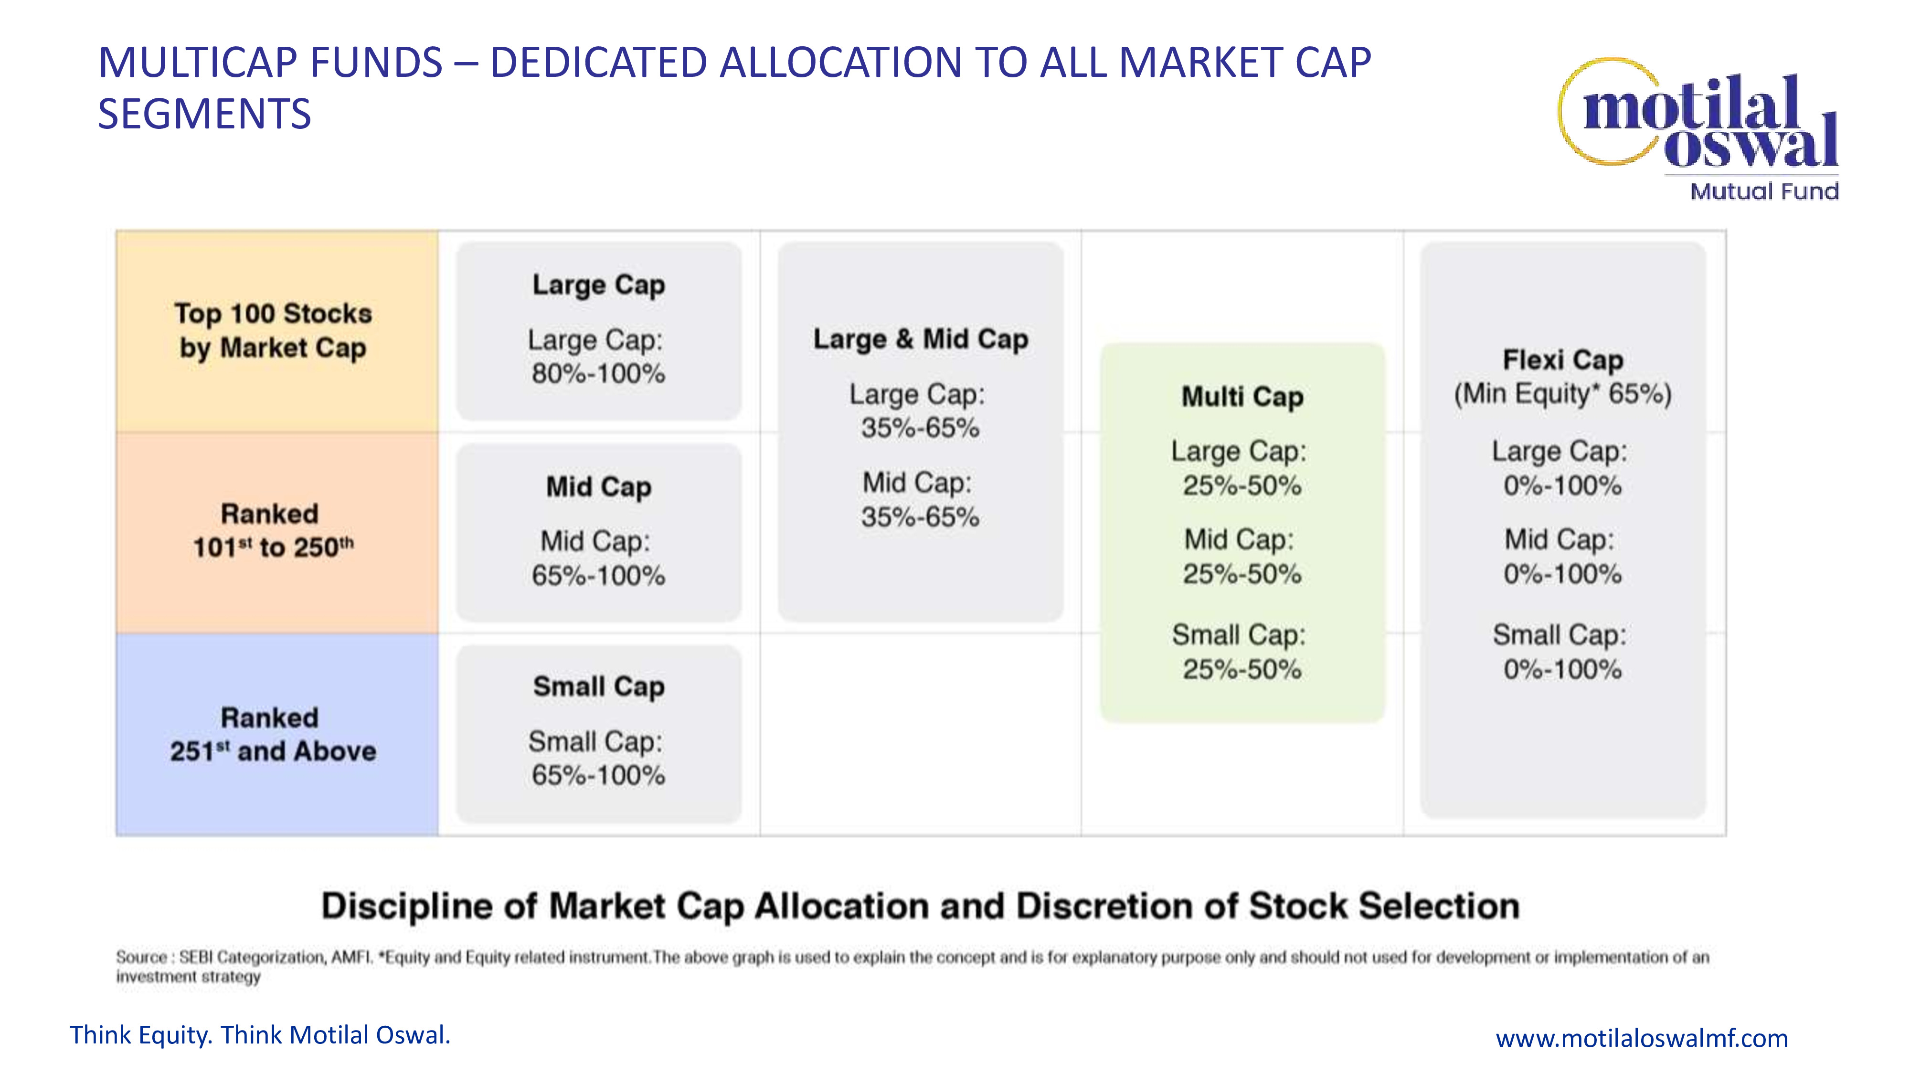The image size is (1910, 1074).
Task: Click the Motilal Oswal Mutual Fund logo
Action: click(x=1698, y=130)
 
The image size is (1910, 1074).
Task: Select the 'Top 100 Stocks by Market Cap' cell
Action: click(x=276, y=331)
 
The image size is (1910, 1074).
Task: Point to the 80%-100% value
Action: click(x=598, y=374)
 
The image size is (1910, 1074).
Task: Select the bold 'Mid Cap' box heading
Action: click(x=598, y=487)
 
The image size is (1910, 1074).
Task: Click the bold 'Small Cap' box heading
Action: click(x=598, y=687)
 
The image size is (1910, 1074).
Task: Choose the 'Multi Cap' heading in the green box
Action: click(x=1242, y=397)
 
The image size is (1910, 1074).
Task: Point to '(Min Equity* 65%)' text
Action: click(x=1563, y=394)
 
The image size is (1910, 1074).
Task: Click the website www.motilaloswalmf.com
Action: click(x=1642, y=1038)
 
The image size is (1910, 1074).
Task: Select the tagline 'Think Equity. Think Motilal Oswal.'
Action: click(x=260, y=1035)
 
